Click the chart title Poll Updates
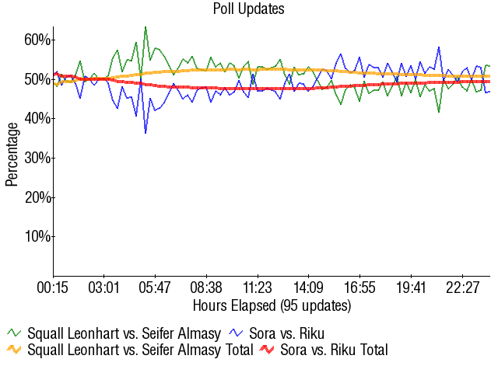(x=249, y=9)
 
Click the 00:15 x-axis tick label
(x=53, y=288)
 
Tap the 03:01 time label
(x=104, y=288)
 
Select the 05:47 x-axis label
(x=156, y=288)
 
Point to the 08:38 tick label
(x=207, y=288)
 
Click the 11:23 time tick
(x=258, y=288)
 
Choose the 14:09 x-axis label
(x=309, y=288)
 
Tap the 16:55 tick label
(x=360, y=288)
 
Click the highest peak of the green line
(x=146, y=27)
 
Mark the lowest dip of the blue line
(x=146, y=133)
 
